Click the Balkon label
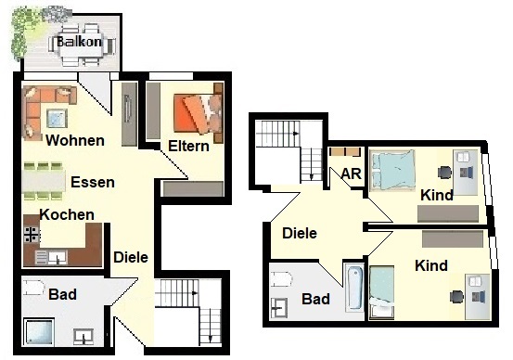click(79, 42)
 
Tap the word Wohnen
click(75, 140)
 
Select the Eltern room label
click(188, 146)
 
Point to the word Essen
click(93, 182)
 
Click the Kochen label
click(67, 214)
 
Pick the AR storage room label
click(351, 174)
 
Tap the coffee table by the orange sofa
click(57, 118)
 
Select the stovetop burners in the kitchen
click(32, 235)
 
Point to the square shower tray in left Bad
click(39, 331)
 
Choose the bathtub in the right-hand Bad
click(355, 288)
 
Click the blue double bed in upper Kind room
click(392, 170)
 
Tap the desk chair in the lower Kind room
click(456, 297)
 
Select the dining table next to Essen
click(44, 181)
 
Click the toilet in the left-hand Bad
click(33, 288)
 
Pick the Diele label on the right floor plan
click(300, 233)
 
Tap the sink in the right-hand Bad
click(278, 308)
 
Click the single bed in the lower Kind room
click(381, 292)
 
